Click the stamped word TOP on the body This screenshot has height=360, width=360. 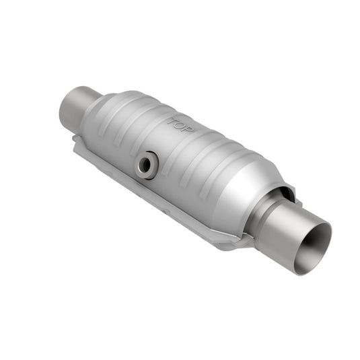pos(180,127)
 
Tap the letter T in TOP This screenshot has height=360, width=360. pos(172,121)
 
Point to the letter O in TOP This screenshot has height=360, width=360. pos(179,127)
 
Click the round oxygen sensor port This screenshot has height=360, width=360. pos(146,164)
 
